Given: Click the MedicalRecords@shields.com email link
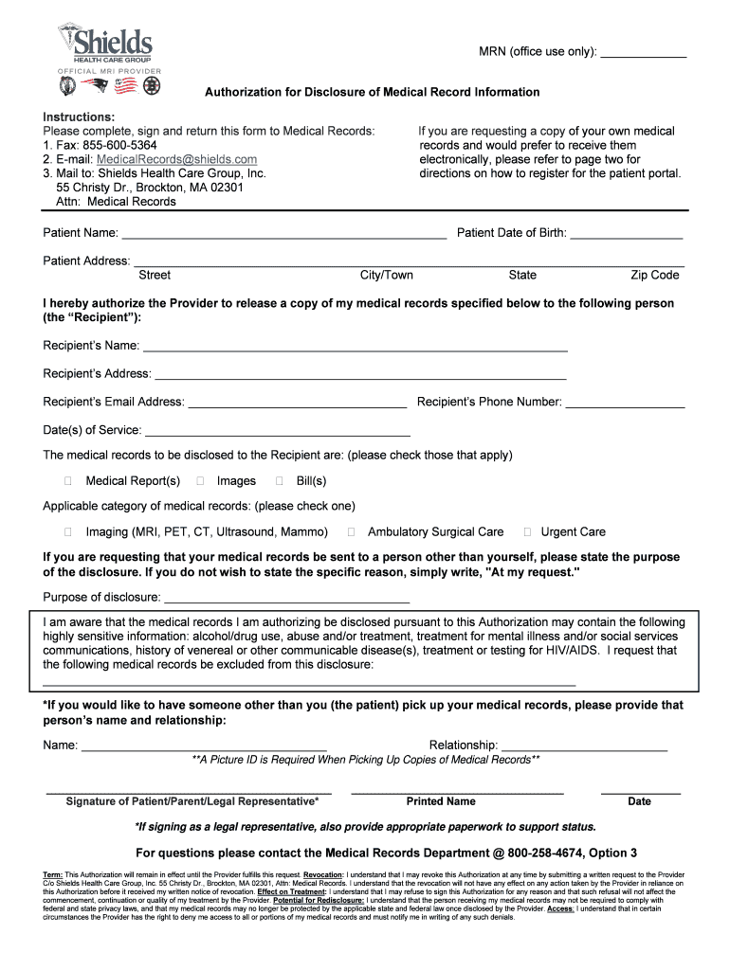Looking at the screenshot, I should tap(177, 159).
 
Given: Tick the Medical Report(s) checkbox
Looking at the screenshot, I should tap(68, 481).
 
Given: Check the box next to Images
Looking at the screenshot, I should tap(200, 481).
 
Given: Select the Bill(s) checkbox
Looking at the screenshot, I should tap(279, 481).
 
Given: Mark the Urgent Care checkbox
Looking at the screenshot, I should tap(529, 531).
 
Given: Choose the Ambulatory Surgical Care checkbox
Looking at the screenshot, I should tap(352, 531).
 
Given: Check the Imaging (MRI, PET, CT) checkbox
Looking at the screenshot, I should tap(68, 531).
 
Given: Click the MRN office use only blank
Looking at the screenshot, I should tap(644, 54).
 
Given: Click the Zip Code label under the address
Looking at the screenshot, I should tap(655, 275).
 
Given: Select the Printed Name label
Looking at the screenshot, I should tap(441, 801).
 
